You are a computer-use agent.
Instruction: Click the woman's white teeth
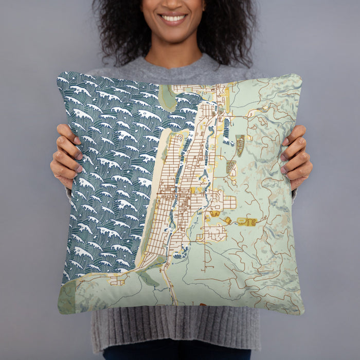click(x=173, y=19)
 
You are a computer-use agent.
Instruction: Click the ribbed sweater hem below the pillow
click(x=175, y=329)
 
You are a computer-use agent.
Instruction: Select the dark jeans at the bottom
click(x=175, y=354)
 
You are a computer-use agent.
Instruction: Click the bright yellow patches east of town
click(x=246, y=222)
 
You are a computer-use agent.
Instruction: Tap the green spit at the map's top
click(x=167, y=97)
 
